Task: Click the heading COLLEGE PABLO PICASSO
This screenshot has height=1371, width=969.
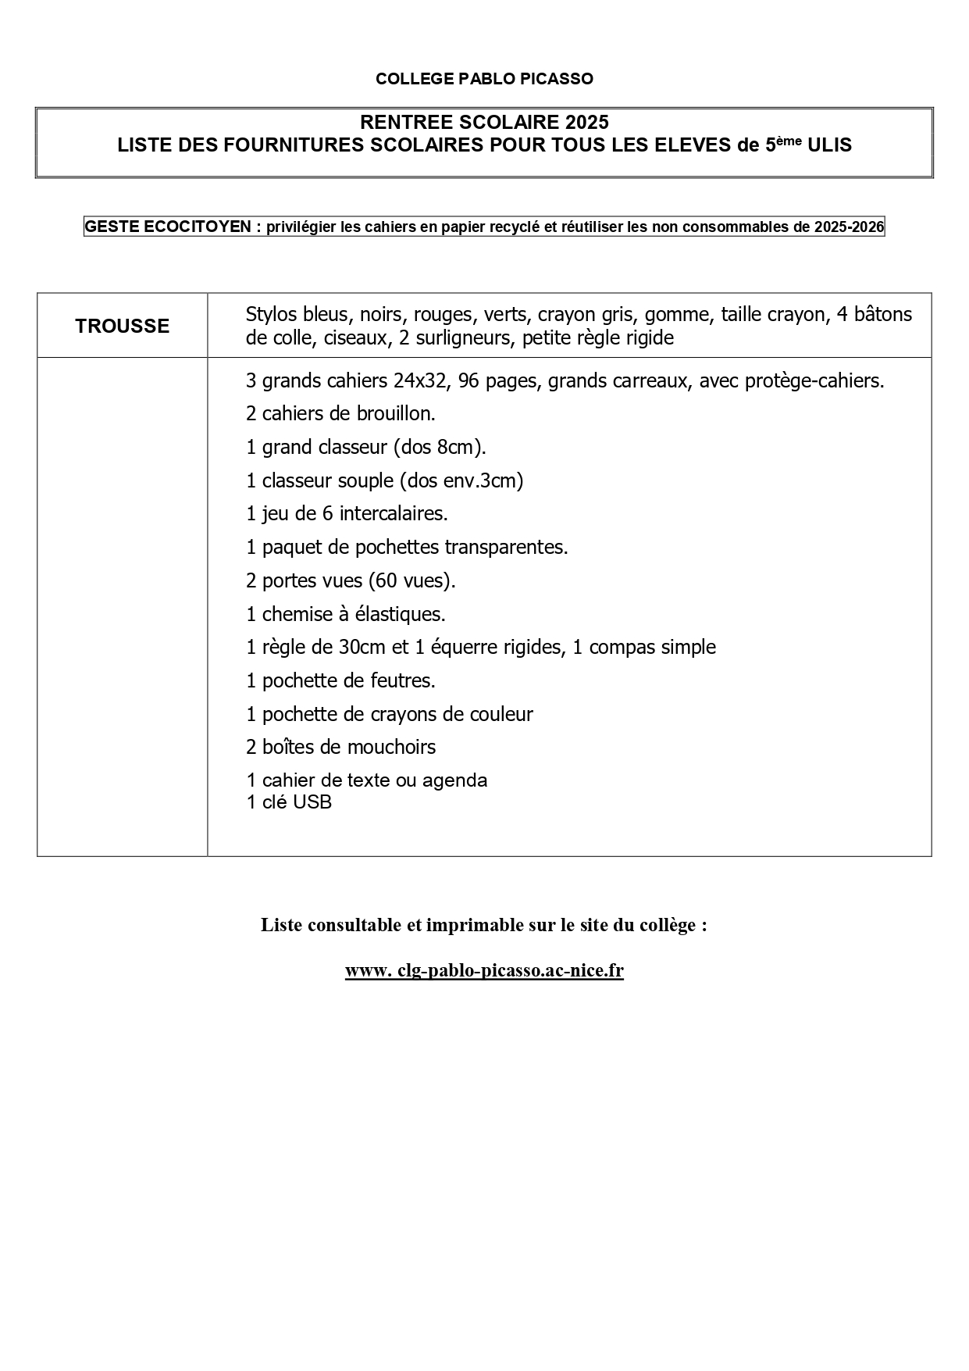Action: [x=484, y=79]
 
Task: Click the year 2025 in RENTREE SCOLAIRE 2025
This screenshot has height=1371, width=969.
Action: [x=588, y=123]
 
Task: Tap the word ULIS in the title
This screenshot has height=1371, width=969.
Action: [x=830, y=145]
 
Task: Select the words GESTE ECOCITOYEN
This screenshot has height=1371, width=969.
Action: [x=167, y=227]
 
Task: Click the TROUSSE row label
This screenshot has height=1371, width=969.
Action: [x=123, y=326]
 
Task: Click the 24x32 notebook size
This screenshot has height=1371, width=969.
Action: [x=421, y=381]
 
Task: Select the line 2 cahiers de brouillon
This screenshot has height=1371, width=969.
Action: [x=340, y=414]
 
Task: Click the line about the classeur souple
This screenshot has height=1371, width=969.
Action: [x=384, y=480]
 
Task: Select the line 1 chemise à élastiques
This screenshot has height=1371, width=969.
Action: [x=345, y=615]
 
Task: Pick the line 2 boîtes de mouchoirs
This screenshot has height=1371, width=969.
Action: [x=340, y=748]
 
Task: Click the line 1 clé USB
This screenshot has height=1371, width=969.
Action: [x=289, y=802]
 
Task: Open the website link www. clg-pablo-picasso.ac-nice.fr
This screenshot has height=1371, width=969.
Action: [x=484, y=971]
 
